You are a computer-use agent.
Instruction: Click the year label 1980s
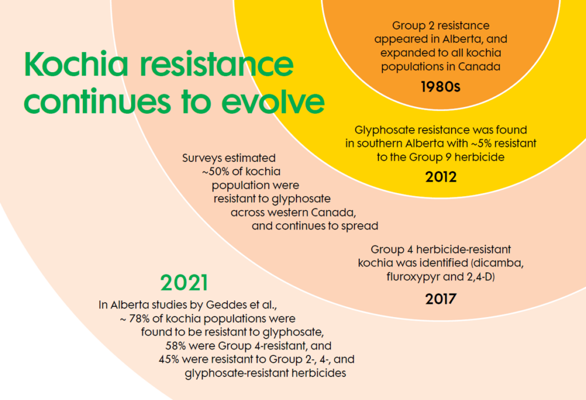click(x=441, y=87)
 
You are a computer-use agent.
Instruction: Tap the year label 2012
click(x=441, y=177)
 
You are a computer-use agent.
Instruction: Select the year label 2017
click(x=441, y=299)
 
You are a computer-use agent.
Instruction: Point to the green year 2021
click(x=184, y=283)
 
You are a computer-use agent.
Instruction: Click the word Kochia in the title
click(x=76, y=64)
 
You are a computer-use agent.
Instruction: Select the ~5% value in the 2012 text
click(x=481, y=143)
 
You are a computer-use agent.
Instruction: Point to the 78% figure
click(x=140, y=319)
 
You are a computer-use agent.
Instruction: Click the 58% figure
click(x=176, y=346)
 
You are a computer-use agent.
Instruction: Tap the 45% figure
click(x=169, y=359)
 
